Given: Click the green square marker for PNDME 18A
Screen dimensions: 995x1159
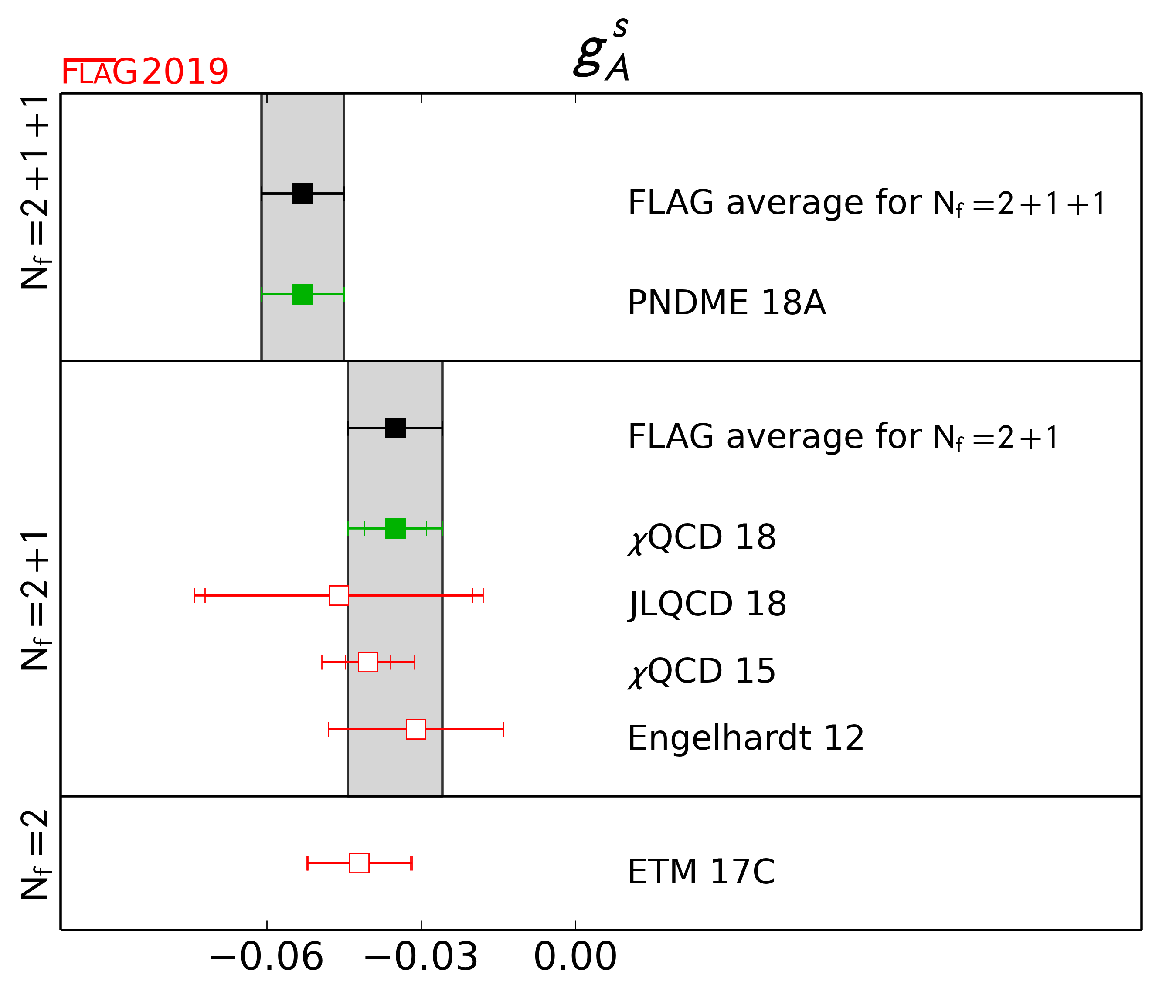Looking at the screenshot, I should (302, 294).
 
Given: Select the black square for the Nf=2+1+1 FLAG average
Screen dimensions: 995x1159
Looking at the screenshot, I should (302, 194).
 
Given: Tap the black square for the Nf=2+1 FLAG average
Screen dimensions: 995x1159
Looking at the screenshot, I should (395, 428).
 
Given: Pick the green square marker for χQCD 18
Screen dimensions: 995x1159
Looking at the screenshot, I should (395, 529).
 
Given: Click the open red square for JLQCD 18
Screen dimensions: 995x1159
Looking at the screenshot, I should (338, 596).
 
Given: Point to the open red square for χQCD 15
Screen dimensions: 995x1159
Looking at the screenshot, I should (367, 662).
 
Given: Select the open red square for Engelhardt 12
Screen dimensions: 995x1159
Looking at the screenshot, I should (415, 729).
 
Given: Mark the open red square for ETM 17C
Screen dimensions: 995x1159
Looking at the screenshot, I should (359, 863).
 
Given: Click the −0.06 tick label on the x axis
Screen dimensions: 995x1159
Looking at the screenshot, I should (266, 957).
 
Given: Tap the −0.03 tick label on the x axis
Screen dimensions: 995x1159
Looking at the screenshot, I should (421, 957).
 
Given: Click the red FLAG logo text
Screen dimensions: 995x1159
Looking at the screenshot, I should (99, 72).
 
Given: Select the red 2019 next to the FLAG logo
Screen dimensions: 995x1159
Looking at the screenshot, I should (185, 72).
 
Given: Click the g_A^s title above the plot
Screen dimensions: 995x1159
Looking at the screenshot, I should (602, 51).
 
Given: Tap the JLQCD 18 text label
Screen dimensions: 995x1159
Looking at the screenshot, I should (707, 604).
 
